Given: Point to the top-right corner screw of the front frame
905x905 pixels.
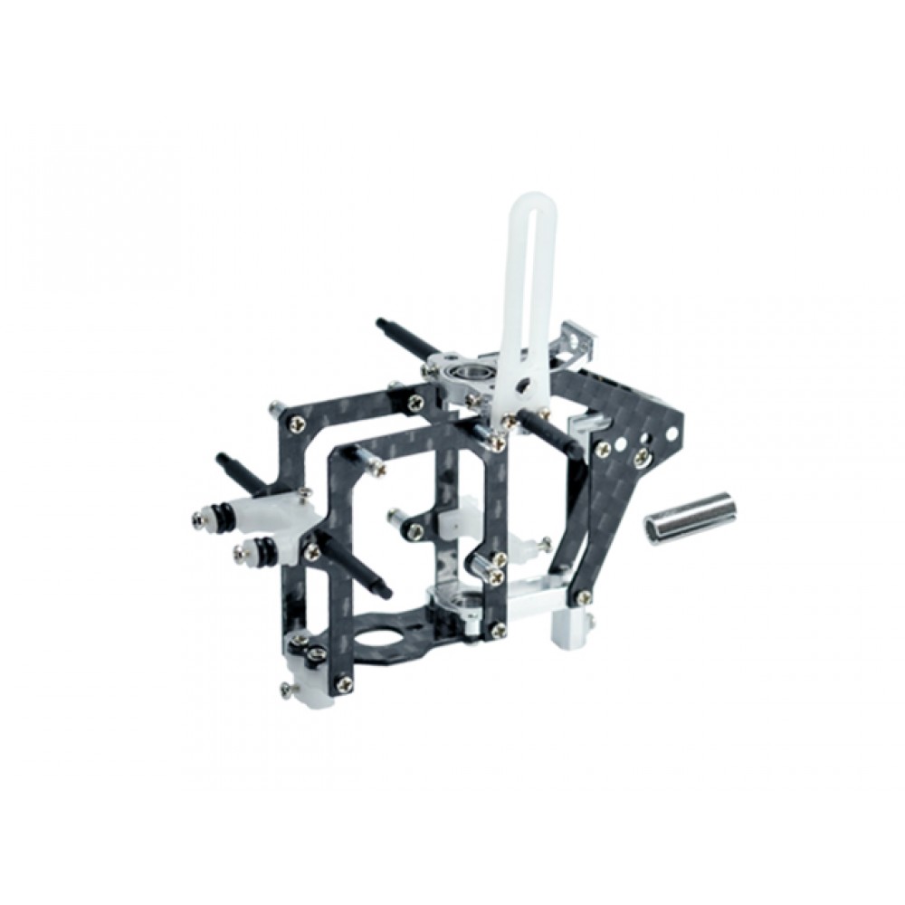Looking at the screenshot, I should pyautogui.click(x=497, y=443).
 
